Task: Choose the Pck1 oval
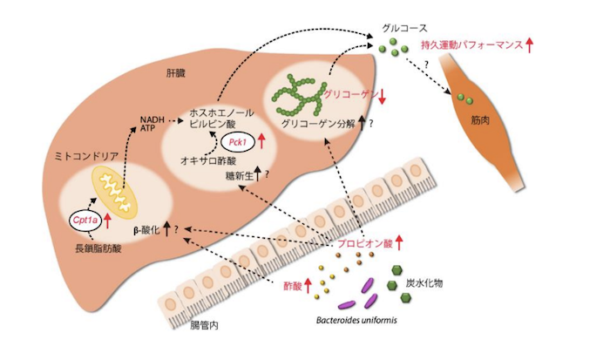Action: point(235,141)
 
